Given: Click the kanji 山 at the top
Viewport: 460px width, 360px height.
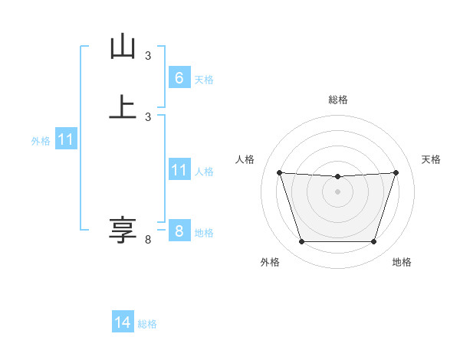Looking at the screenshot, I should (123, 47).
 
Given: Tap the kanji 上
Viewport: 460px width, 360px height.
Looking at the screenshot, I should (123, 106).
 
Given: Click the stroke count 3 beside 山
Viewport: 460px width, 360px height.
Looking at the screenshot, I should (148, 56).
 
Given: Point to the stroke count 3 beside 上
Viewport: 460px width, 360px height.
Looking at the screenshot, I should (148, 116).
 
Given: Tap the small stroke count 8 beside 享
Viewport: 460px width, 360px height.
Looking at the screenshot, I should (148, 240).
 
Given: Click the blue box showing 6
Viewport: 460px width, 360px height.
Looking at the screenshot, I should (179, 77).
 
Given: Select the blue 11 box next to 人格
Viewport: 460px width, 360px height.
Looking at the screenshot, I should (179, 170).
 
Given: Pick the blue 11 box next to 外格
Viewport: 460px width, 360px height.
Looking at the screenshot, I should (66, 140).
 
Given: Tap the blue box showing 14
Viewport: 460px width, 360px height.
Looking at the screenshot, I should (123, 322).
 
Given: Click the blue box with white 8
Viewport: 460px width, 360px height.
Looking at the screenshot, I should (179, 231).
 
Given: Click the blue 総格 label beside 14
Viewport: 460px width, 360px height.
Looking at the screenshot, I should (147, 324).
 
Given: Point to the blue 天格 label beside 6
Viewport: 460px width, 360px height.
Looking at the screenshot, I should (204, 80).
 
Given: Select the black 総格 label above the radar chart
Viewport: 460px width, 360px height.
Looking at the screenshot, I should (338, 100).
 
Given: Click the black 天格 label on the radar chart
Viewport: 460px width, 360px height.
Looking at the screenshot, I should (431, 159).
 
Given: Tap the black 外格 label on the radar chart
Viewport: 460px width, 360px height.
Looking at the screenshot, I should (270, 262).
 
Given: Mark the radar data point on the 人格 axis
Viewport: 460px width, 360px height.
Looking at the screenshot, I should (279, 173).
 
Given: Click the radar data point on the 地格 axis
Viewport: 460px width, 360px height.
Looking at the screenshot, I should (373, 242).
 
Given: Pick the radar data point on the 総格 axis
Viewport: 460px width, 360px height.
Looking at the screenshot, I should (337, 177).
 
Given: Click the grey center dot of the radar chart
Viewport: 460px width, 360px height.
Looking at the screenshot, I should (337, 191).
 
